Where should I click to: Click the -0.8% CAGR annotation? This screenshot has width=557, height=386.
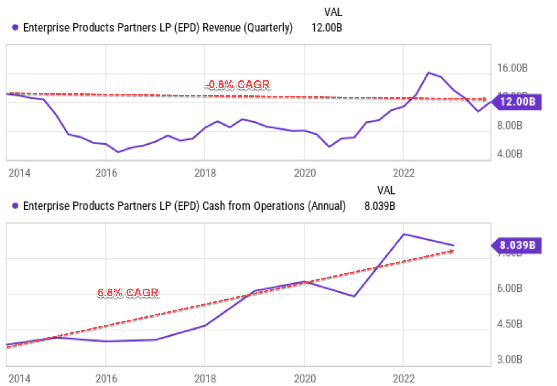pyautogui.click(x=237, y=85)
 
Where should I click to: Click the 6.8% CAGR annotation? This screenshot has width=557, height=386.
pyautogui.click(x=128, y=292)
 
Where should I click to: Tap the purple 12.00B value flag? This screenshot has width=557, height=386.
pyautogui.click(x=517, y=102)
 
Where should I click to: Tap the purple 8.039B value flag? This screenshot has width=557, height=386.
pyautogui.click(x=517, y=245)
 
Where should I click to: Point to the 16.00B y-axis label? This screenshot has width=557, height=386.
pyautogui.click(x=512, y=68)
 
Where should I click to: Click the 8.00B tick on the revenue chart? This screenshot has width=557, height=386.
pyautogui.click(x=510, y=126)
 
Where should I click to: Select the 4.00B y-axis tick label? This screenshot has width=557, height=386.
pyautogui.click(x=510, y=154)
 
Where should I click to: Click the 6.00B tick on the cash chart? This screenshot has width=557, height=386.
pyautogui.click(x=510, y=288)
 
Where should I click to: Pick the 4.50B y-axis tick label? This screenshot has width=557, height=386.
pyautogui.click(x=510, y=324)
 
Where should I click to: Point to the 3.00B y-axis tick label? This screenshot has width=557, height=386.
pyautogui.click(x=510, y=359)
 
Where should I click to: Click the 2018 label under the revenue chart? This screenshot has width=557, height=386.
pyautogui.click(x=205, y=173)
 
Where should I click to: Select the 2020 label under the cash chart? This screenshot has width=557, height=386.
pyautogui.click(x=305, y=379)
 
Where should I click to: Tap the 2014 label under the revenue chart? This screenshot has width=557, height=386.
pyautogui.click(x=19, y=173)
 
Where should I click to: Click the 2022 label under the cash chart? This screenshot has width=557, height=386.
pyautogui.click(x=404, y=379)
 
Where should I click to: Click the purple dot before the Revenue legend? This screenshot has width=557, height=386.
pyautogui.click(x=15, y=28)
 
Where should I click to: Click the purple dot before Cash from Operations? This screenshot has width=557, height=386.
pyautogui.click(x=15, y=206)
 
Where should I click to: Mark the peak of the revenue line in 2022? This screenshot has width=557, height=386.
pyautogui.click(x=428, y=73)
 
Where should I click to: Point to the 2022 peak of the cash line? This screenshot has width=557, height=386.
pyautogui.click(x=404, y=234)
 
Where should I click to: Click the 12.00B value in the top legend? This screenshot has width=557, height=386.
pyautogui.click(x=326, y=28)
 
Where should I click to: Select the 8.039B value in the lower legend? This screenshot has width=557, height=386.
pyautogui.click(x=379, y=206)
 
